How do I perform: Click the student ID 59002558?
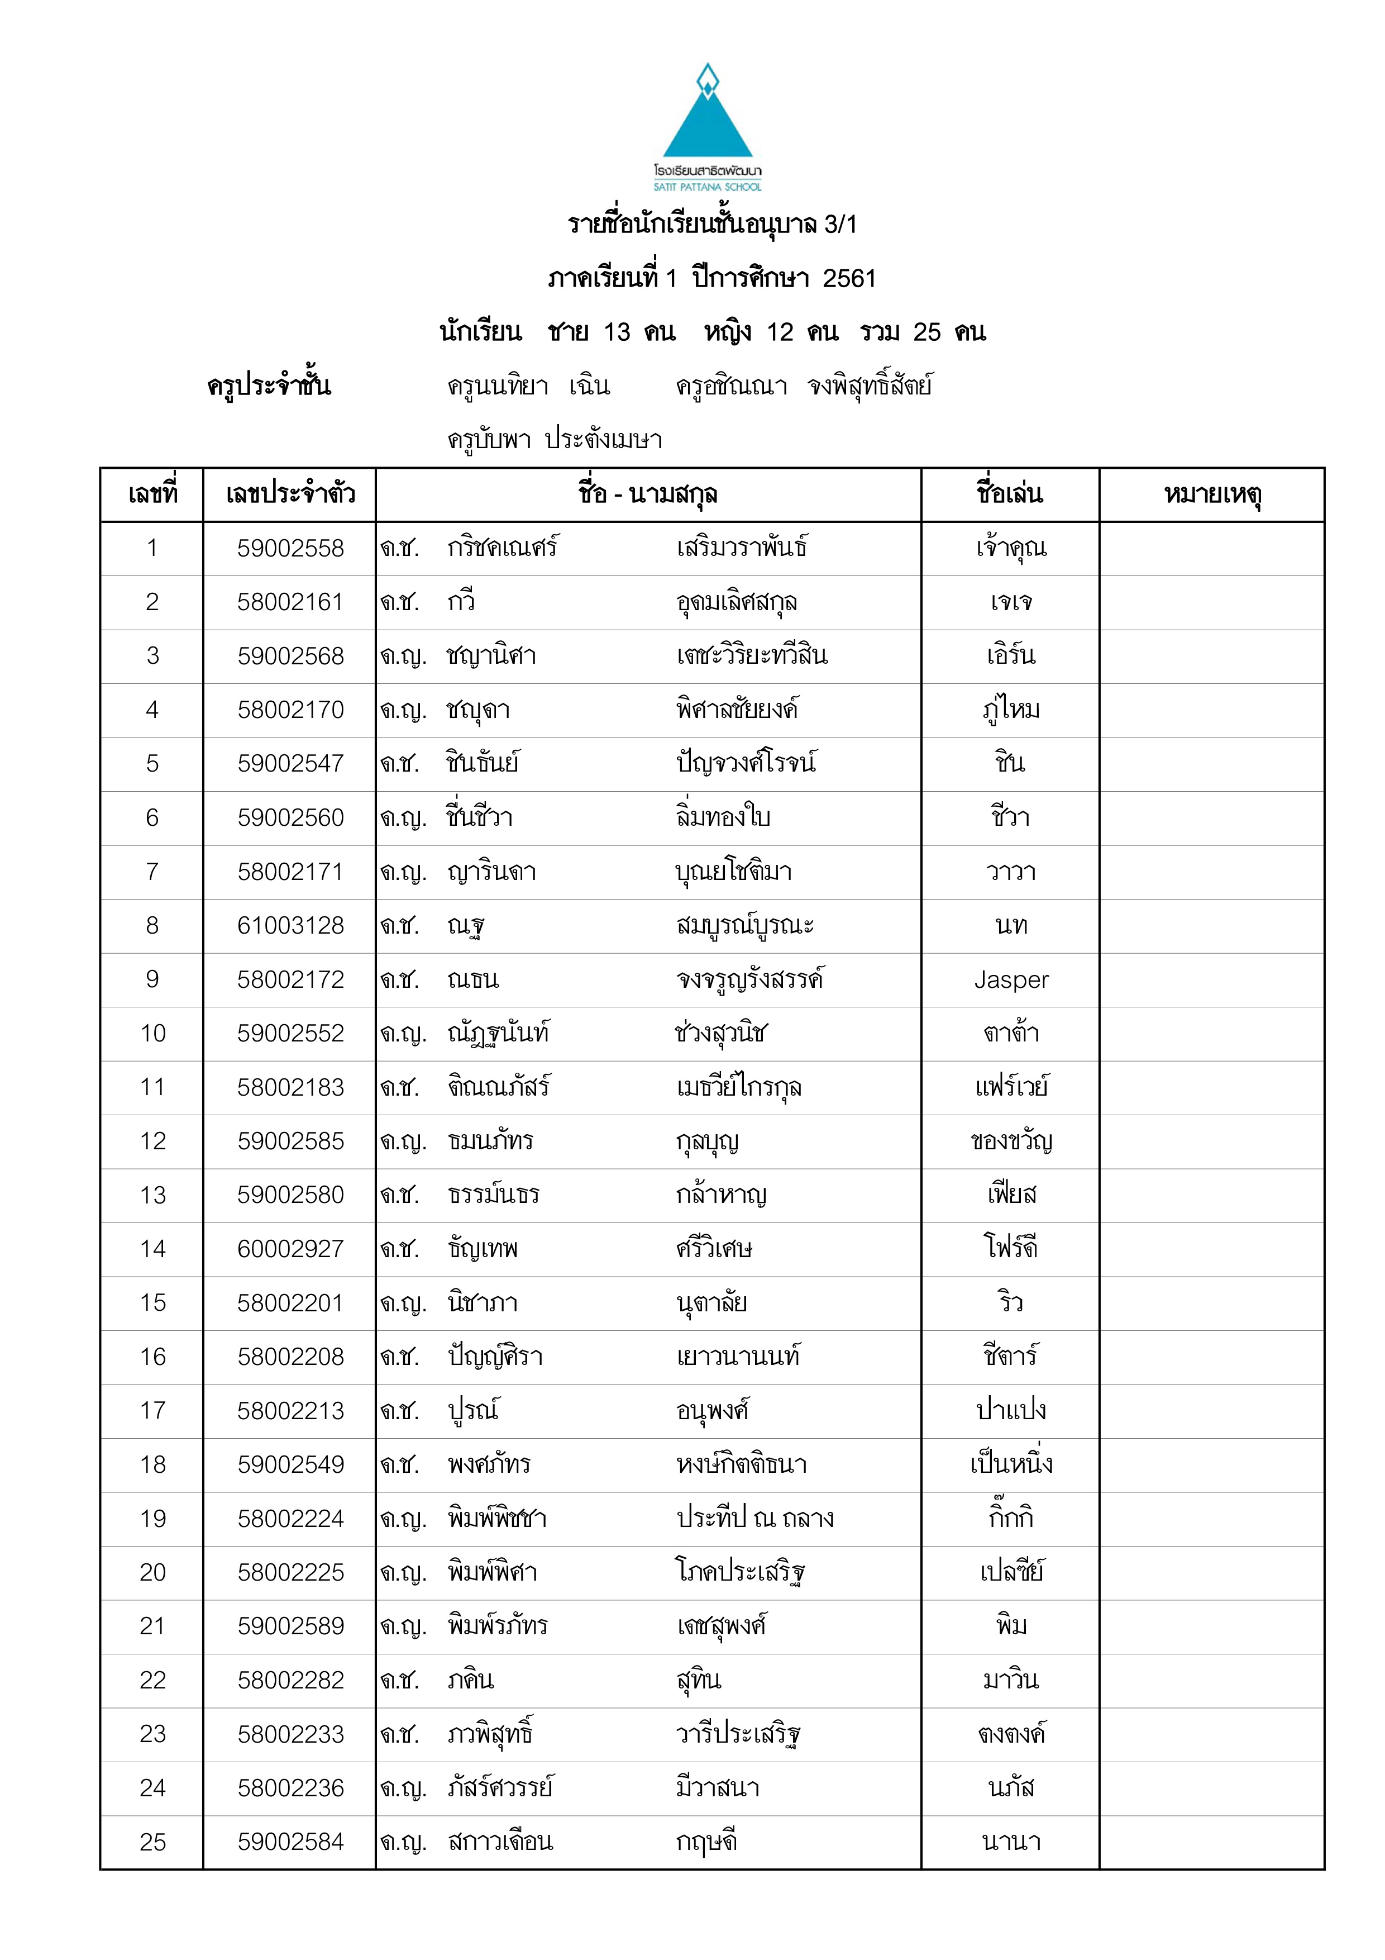point(290,548)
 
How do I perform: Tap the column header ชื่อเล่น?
point(1010,493)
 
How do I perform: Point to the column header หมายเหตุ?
point(1212,493)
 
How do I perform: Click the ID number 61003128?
point(290,925)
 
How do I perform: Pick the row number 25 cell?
point(152,1842)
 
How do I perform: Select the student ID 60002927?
point(290,1249)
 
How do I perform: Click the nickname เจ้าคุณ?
point(1011,548)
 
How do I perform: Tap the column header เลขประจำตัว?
point(290,493)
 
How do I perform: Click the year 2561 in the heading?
point(849,278)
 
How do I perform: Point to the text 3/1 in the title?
point(840,225)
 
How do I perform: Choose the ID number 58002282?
point(290,1680)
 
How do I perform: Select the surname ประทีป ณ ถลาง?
point(754,1518)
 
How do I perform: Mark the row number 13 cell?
point(152,1195)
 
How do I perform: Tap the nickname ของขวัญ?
point(1011,1141)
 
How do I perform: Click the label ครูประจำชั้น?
point(269,386)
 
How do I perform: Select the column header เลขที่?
point(152,493)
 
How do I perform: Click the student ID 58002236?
point(290,1788)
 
